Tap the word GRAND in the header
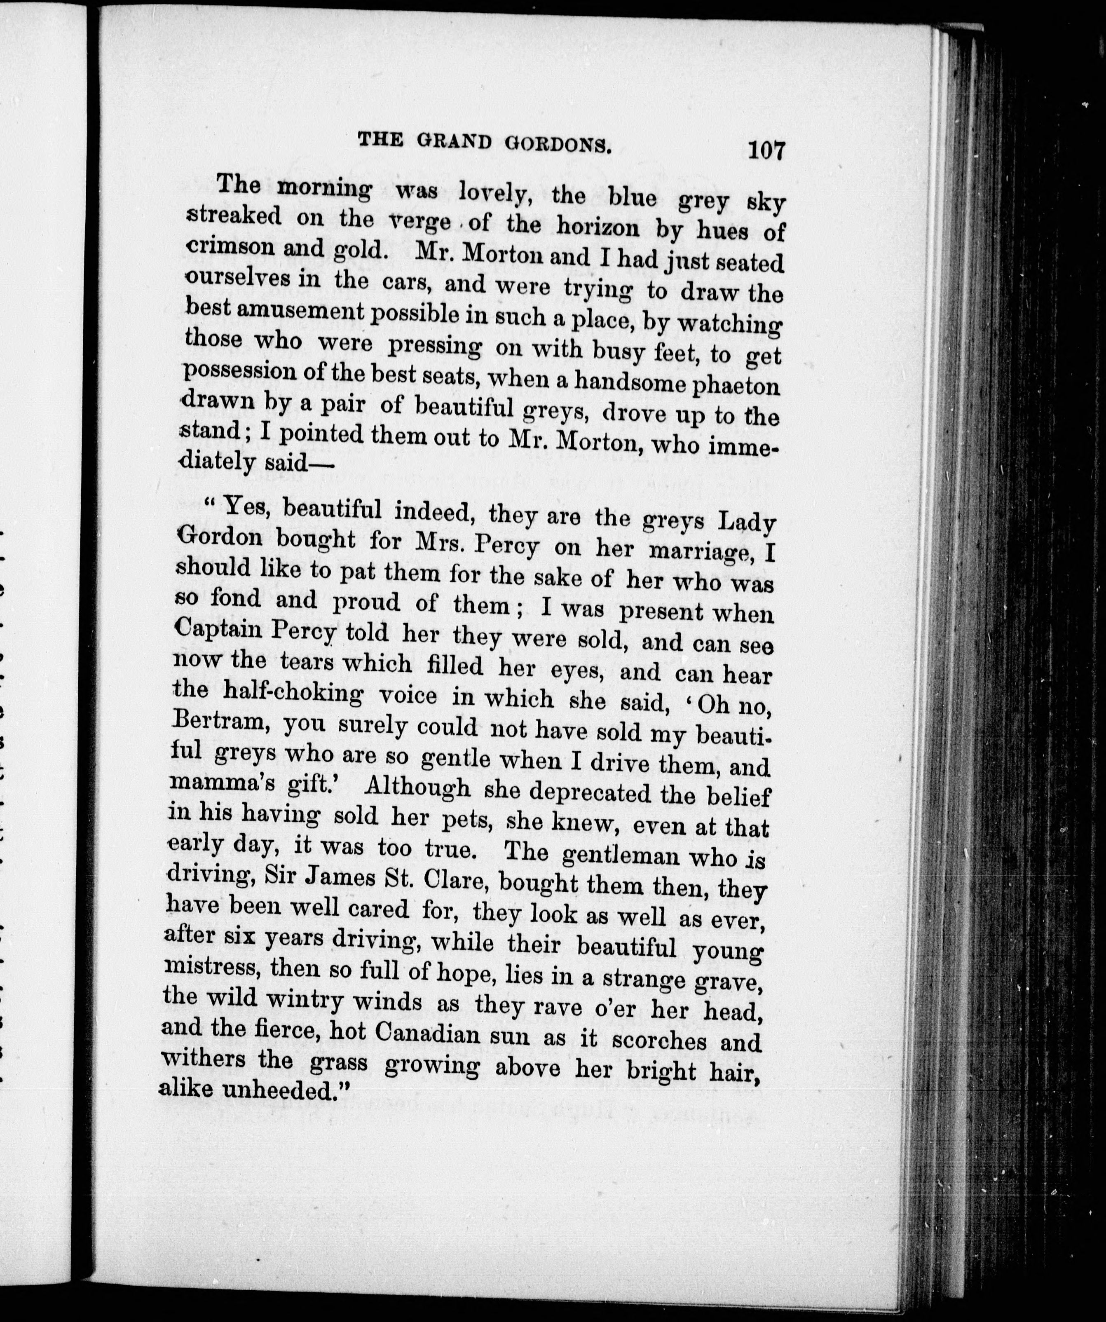[x=453, y=142]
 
